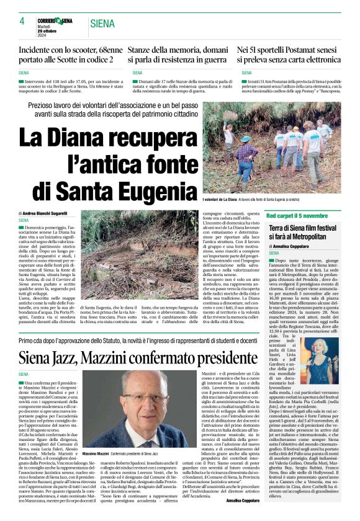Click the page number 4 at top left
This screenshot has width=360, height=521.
[21, 21]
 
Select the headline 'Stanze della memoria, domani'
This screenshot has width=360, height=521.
[179, 48]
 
